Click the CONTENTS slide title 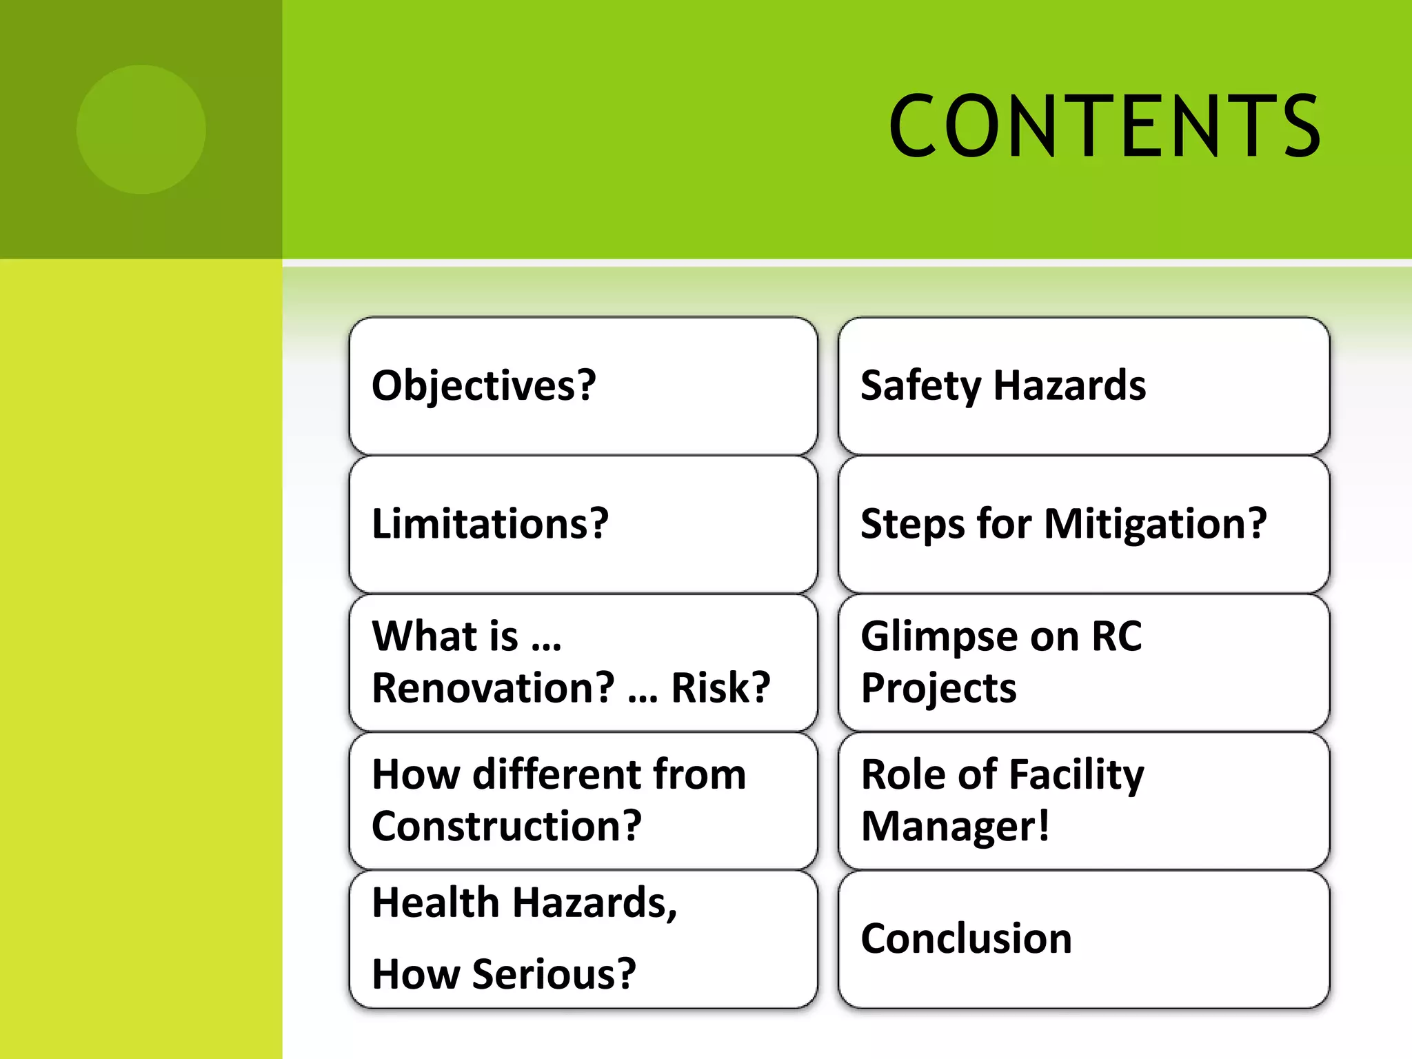pyautogui.click(x=1105, y=127)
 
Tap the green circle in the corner pyautogui.click(x=141, y=129)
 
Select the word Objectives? pyautogui.click(x=483, y=385)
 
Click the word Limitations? pyautogui.click(x=490, y=524)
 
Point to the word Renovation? pyautogui.click(x=493, y=687)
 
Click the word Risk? pyautogui.click(x=720, y=687)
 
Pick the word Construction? pyautogui.click(x=507, y=826)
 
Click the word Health pyautogui.click(x=436, y=902)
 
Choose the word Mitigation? pyautogui.click(x=1156, y=524)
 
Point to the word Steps pyautogui.click(x=913, y=524)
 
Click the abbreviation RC pyautogui.click(x=1117, y=636)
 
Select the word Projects pyautogui.click(x=938, y=687)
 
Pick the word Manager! pyautogui.click(x=955, y=826)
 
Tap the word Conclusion pyautogui.click(x=966, y=938)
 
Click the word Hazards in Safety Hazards pyautogui.click(x=1069, y=385)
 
